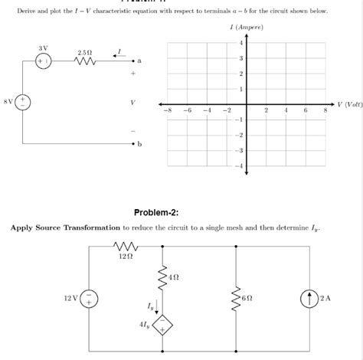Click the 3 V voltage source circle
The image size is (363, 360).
pos(43,61)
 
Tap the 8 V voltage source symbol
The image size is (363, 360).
pos(24,101)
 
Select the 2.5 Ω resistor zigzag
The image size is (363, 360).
pos(85,61)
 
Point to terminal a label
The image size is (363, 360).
pos(139,61)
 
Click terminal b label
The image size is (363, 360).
pos(139,144)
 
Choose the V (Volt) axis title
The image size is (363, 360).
pos(348,103)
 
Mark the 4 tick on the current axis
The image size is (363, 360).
pos(241,42)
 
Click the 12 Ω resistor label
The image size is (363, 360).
pos(126,257)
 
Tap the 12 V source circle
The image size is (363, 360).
pos(90,297)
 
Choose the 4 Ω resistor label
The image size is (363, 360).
pos(173,276)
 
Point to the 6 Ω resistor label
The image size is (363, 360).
pos(245,297)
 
